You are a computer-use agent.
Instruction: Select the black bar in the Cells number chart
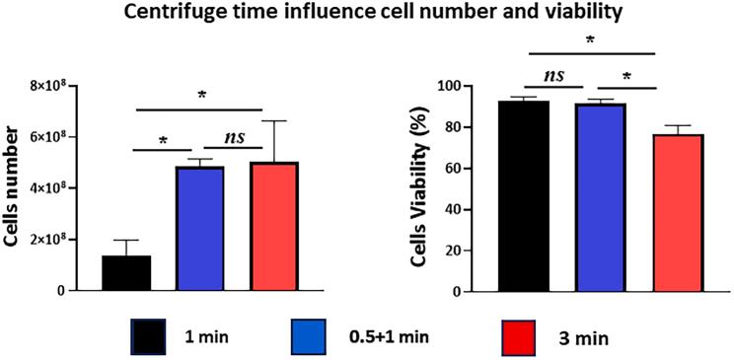(126, 273)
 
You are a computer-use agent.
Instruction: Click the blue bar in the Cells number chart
(200, 229)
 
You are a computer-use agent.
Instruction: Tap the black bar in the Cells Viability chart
(523, 196)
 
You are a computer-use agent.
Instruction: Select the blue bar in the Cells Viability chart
(600, 197)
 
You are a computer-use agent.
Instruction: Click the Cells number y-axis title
(14, 188)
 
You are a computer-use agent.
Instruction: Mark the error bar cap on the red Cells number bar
(274, 121)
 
